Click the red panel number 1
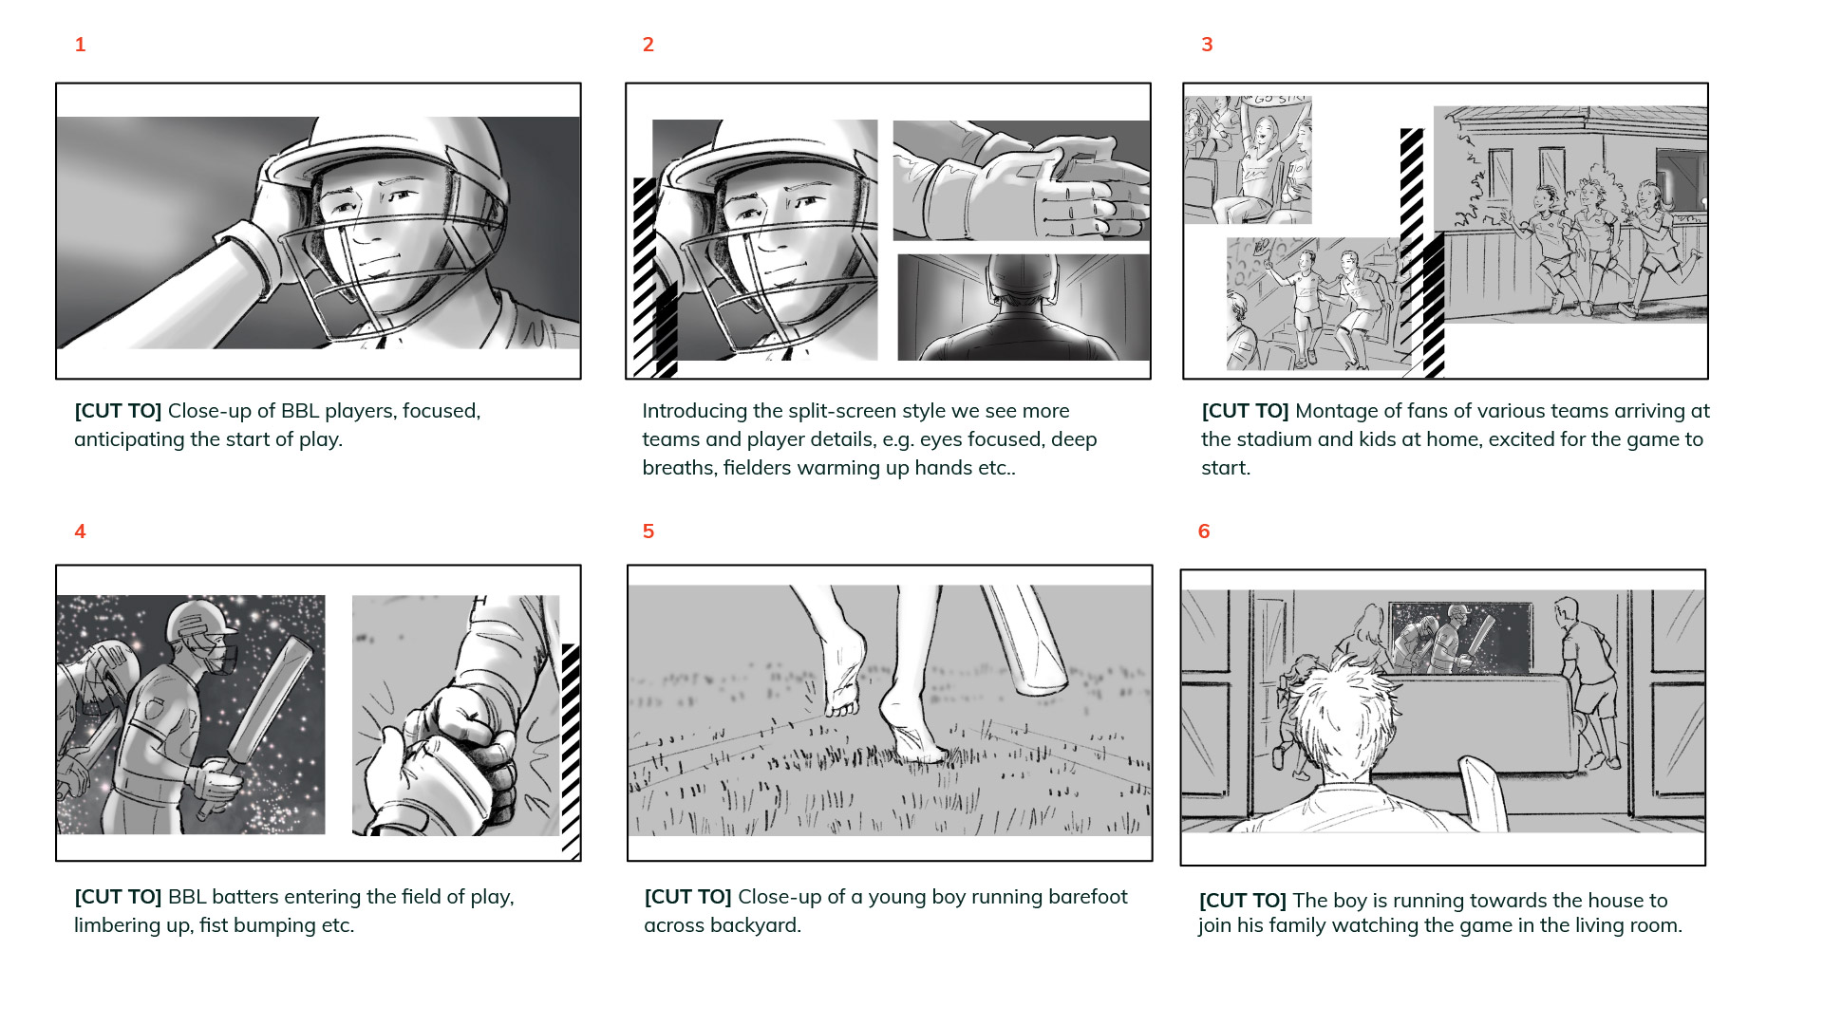tap(80, 45)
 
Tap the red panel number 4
tap(80, 531)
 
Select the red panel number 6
tap(1204, 531)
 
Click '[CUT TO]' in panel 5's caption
tap(687, 897)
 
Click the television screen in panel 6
tap(1460, 638)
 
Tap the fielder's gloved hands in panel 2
tap(1030, 185)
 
